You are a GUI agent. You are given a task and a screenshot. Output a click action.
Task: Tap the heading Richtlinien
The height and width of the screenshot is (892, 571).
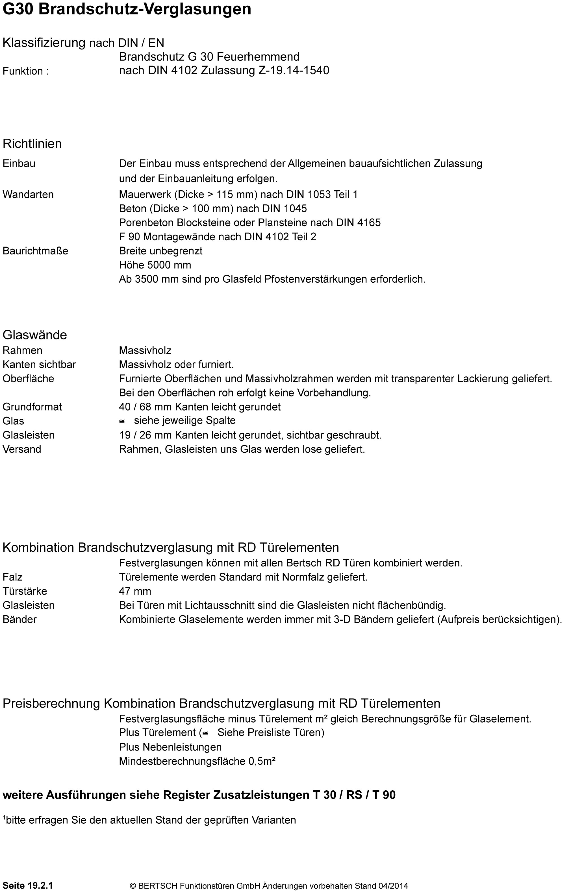(32, 144)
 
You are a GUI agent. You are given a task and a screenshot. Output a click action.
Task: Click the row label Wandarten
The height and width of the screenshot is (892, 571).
(28, 195)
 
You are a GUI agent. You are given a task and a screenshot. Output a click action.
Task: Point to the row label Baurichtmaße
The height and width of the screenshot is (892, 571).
(36, 251)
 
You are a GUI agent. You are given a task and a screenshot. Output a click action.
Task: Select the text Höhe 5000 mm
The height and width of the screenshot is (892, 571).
(155, 265)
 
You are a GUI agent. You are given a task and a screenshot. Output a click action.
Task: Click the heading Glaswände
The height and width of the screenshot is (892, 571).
(35, 335)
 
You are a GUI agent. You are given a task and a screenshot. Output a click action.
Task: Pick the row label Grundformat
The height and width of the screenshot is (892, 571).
(32, 407)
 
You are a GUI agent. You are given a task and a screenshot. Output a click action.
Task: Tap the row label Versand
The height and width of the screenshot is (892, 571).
(22, 449)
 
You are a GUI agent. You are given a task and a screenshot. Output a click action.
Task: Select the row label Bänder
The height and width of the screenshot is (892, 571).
(20, 619)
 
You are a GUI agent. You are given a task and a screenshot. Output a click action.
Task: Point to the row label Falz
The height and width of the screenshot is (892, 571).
(13, 577)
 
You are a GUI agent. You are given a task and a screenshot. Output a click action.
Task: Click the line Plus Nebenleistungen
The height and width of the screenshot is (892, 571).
(170, 747)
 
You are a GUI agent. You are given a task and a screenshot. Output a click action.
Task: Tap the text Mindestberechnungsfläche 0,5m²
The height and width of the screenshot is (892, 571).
(197, 761)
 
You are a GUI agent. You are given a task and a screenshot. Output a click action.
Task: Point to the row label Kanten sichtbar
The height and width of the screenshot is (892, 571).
(39, 365)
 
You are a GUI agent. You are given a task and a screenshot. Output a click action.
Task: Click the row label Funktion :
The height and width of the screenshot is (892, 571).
(26, 71)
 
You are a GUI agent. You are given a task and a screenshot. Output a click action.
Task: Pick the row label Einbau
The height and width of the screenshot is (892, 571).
(19, 163)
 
